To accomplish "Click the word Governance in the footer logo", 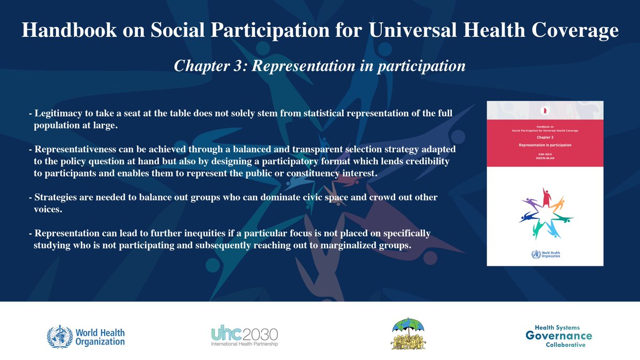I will click(x=558, y=335).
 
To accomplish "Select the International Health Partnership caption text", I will click(x=244, y=345).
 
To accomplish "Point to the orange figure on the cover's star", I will click(x=559, y=203).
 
